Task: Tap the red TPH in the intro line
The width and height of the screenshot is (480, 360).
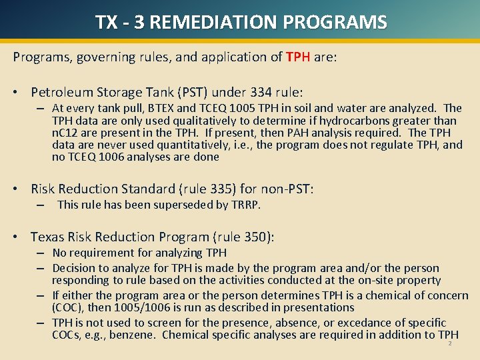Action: click(x=298, y=57)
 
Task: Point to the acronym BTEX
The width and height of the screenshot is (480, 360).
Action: click(x=173, y=108)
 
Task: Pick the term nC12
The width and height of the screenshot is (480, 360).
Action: click(x=64, y=133)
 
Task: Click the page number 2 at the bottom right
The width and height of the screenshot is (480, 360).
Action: click(x=450, y=343)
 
